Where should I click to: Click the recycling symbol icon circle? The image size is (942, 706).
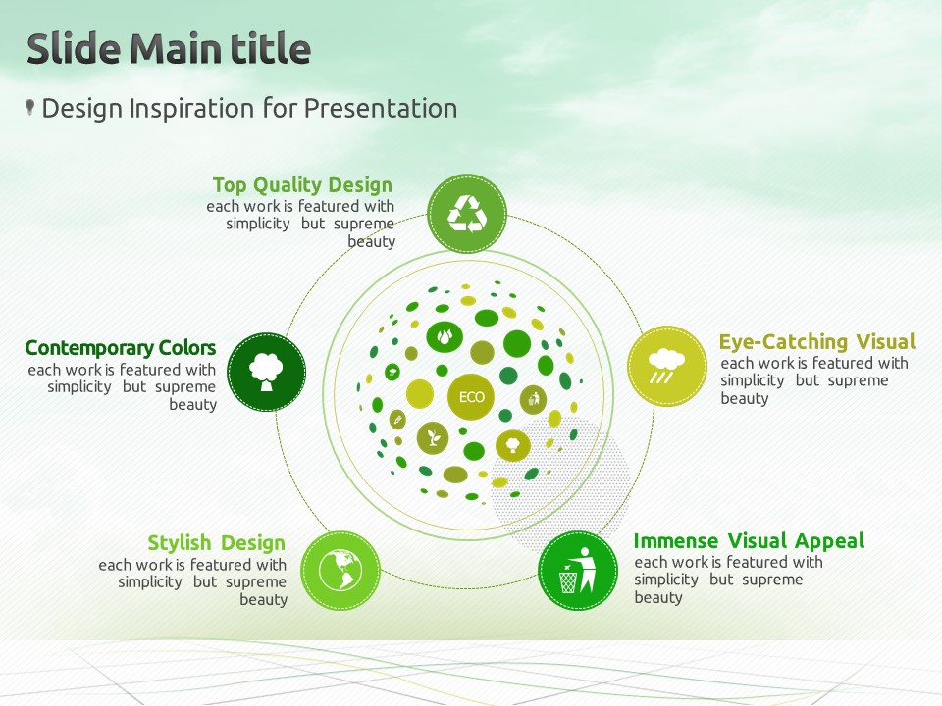pyautogui.click(x=467, y=214)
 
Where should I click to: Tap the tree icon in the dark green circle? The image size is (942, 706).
pyautogui.click(x=266, y=373)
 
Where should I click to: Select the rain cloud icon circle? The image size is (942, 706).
pyautogui.click(x=667, y=366)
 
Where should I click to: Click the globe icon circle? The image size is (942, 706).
pyautogui.click(x=340, y=571)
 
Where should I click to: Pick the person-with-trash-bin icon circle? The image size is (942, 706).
pyautogui.click(x=577, y=571)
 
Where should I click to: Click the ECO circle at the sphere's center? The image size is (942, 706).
pyautogui.click(x=472, y=397)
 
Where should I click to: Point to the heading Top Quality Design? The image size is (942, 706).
pyautogui.click(x=302, y=185)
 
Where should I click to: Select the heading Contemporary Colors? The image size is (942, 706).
pyautogui.click(x=121, y=347)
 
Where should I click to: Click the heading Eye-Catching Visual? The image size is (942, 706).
pyautogui.click(x=817, y=341)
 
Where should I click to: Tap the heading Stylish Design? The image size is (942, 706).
pyautogui.click(x=216, y=542)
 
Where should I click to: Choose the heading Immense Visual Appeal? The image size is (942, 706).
pyautogui.click(x=749, y=541)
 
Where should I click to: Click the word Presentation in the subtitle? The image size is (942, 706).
pyautogui.click(x=381, y=109)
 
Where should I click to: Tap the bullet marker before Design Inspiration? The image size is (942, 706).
pyautogui.click(x=30, y=108)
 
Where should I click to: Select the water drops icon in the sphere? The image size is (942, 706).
pyautogui.click(x=445, y=336)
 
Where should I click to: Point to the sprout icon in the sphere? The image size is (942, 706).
pyautogui.click(x=433, y=437)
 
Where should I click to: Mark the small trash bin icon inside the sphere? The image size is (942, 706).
pyautogui.click(x=534, y=399)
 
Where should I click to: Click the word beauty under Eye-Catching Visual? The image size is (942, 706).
pyautogui.click(x=745, y=399)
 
